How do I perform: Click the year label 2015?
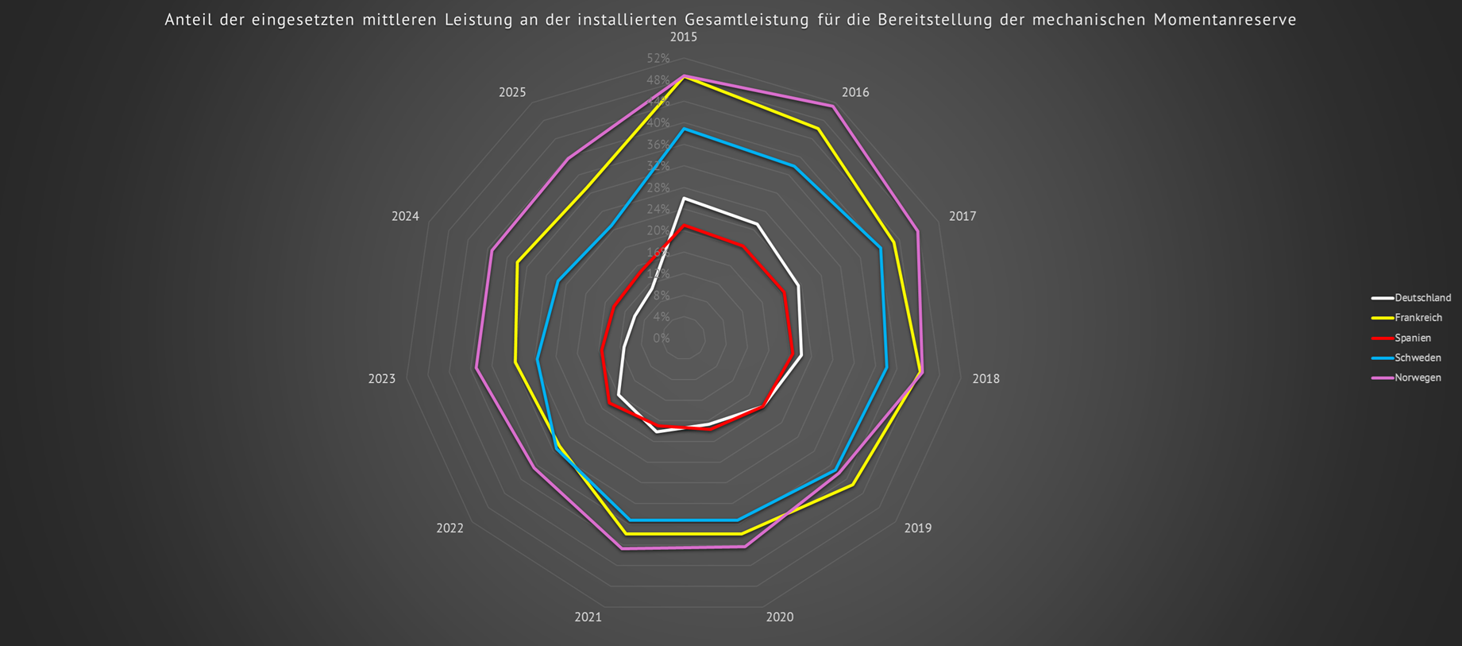tap(683, 37)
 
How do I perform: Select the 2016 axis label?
tap(855, 92)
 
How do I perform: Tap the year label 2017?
tap(962, 216)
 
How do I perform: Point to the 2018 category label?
tap(986, 379)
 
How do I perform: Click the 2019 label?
tap(917, 528)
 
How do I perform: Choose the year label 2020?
tap(779, 617)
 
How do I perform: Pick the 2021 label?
tap(588, 617)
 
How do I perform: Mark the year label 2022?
tap(449, 528)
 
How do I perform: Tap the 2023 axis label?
tap(381, 379)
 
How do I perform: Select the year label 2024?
tap(405, 216)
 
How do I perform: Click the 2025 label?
tap(512, 92)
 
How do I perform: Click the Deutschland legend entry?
tap(1422, 298)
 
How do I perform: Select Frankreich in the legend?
tap(1418, 318)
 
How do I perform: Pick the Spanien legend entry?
tap(1413, 338)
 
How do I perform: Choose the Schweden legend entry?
tap(1418, 358)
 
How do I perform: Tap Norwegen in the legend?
tap(1418, 377)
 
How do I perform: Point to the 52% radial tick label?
tap(658, 59)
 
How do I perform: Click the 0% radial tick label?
tap(662, 338)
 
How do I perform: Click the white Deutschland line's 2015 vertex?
tap(684, 198)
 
